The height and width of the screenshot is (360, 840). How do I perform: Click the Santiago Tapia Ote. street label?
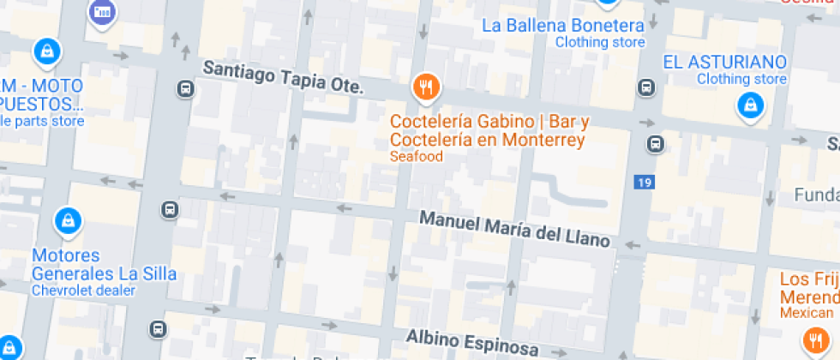coord(283,78)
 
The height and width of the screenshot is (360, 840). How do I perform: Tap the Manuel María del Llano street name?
coord(514,229)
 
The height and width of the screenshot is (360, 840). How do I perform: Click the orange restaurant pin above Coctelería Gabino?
coord(426,86)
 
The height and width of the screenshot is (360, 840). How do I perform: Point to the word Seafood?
coord(416,157)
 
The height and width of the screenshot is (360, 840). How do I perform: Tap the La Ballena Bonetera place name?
coord(563,25)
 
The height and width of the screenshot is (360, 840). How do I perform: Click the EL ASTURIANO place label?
coord(725,62)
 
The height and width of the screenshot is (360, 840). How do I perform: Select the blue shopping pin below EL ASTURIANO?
coord(750,105)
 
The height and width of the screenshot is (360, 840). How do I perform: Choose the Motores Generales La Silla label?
coord(104,265)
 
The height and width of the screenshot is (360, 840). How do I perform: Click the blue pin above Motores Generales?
coord(67,222)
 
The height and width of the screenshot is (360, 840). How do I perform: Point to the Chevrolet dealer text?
coord(83,291)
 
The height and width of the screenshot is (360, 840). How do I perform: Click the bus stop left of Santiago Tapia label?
coord(184,87)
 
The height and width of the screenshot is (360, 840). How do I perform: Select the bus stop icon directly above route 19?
coord(656,142)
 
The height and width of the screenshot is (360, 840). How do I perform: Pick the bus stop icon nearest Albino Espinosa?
coord(158,329)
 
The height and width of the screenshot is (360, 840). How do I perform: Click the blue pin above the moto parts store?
coord(46,51)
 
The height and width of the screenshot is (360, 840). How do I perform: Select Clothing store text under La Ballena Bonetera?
coord(599,42)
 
